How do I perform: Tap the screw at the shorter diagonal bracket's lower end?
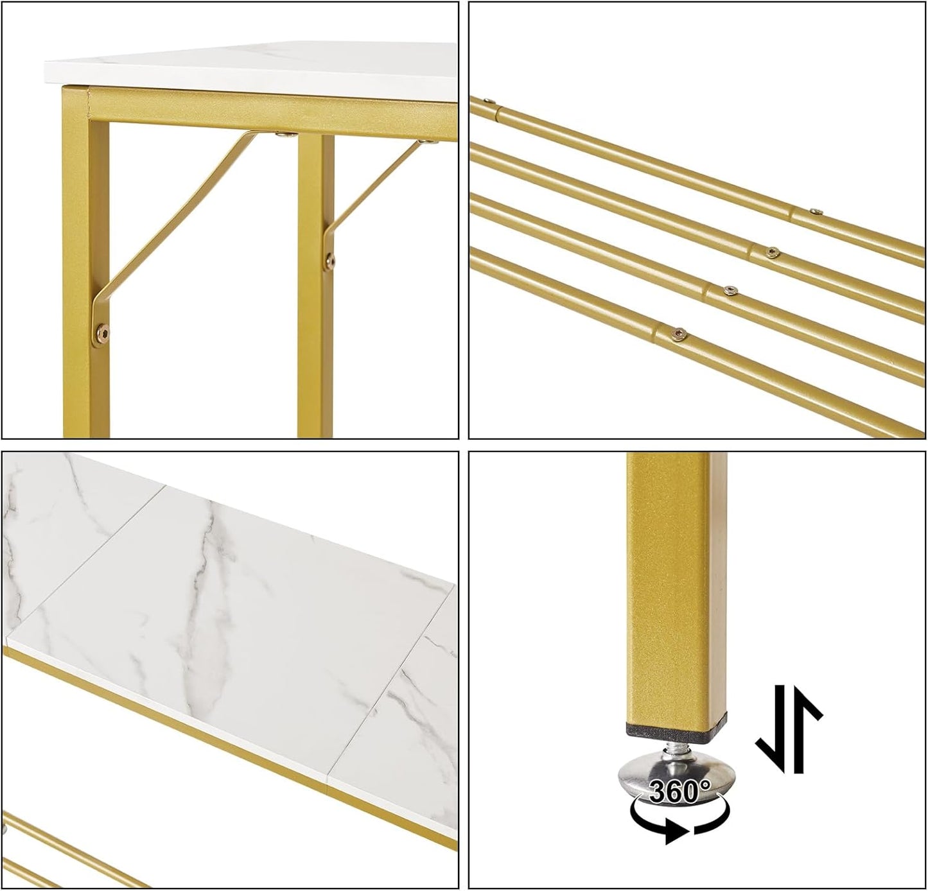330,260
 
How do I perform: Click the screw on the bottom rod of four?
677,334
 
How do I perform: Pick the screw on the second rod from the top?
771,252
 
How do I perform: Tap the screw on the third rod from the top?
730,290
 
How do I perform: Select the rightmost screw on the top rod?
816,211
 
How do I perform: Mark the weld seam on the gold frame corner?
89,103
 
